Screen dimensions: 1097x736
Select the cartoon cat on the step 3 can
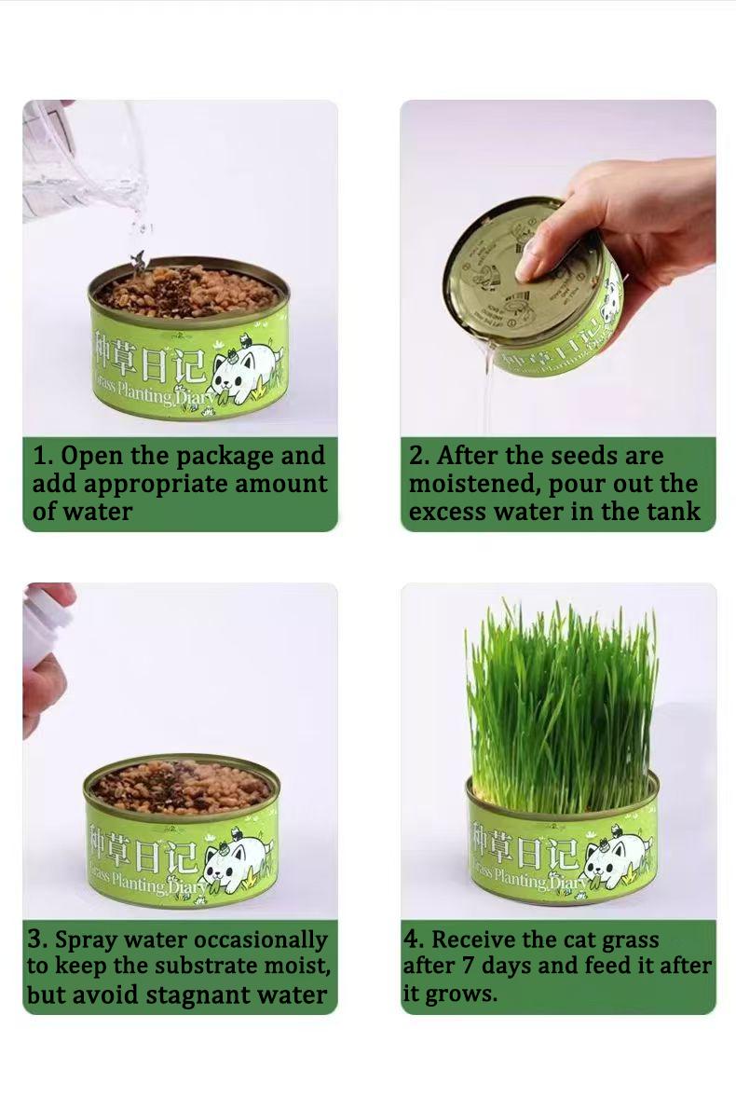pyautogui.click(x=238, y=862)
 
